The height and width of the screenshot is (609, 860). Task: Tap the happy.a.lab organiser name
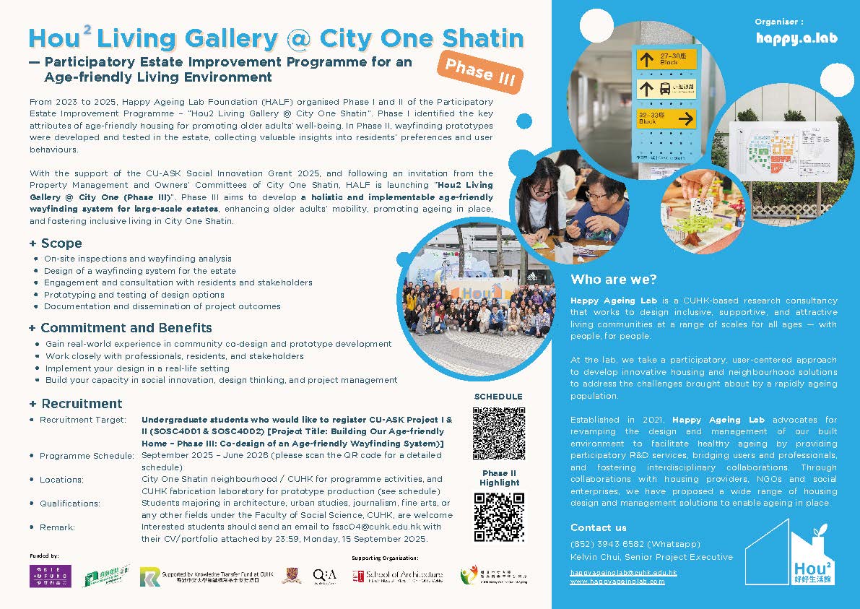click(796, 38)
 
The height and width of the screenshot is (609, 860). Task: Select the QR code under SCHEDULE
click(499, 433)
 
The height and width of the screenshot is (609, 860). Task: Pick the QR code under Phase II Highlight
click(499, 517)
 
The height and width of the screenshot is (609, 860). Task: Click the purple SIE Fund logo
click(50, 576)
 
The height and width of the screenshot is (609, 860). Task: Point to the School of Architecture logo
click(397, 576)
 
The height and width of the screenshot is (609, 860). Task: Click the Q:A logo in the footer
click(324, 575)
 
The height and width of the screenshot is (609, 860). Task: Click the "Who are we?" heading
click(614, 280)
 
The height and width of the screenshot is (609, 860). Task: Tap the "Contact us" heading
click(599, 527)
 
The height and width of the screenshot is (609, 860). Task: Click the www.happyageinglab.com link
click(617, 581)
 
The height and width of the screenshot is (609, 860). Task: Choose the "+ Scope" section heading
click(56, 243)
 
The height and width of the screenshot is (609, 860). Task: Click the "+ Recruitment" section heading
click(76, 403)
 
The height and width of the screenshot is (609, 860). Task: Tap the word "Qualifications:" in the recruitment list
click(70, 504)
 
